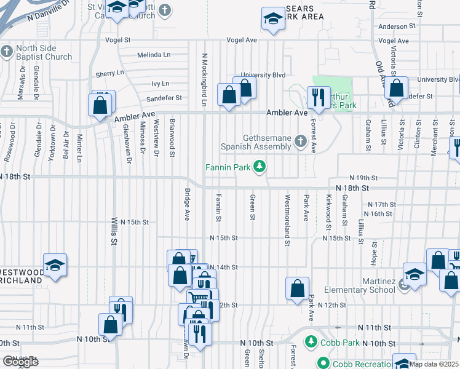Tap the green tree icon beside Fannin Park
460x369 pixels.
click(261, 166)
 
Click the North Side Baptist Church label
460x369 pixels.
click(44, 53)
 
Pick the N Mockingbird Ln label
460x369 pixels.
click(203, 77)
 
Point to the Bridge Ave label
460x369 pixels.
click(187, 204)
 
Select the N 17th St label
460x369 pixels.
click(381, 204)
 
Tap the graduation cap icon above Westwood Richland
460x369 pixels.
click(55, 265)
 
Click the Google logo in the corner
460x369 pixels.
click(20, 361)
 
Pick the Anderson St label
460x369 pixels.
click(393, 26)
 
